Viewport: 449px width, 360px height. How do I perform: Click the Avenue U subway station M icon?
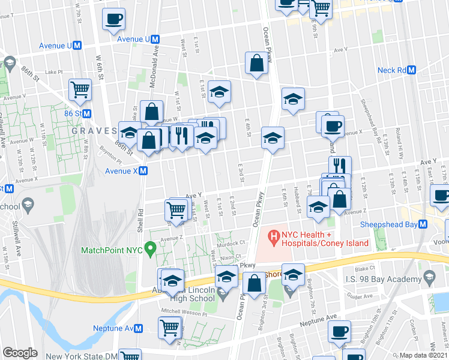point(155,39)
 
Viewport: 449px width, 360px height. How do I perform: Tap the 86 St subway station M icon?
point(87,113)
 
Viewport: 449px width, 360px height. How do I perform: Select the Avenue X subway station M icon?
point(143,171)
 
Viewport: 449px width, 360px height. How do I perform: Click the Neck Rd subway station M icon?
point(412,70)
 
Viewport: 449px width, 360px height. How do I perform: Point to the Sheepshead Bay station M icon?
point(423,224)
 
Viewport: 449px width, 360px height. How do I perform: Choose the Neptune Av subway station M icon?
point(139,328)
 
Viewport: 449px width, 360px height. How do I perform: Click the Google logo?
point(20,353)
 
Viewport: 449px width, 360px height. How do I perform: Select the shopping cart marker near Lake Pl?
point(80,90)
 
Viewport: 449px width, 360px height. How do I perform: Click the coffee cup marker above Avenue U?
point(113,19)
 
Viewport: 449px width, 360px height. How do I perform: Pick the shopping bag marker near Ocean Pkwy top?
point(256,64)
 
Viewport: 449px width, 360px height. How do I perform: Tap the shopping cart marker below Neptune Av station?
point(170,328)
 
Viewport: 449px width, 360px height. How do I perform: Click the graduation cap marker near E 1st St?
point(220,92)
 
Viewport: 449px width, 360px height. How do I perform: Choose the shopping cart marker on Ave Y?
point(176,209)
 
